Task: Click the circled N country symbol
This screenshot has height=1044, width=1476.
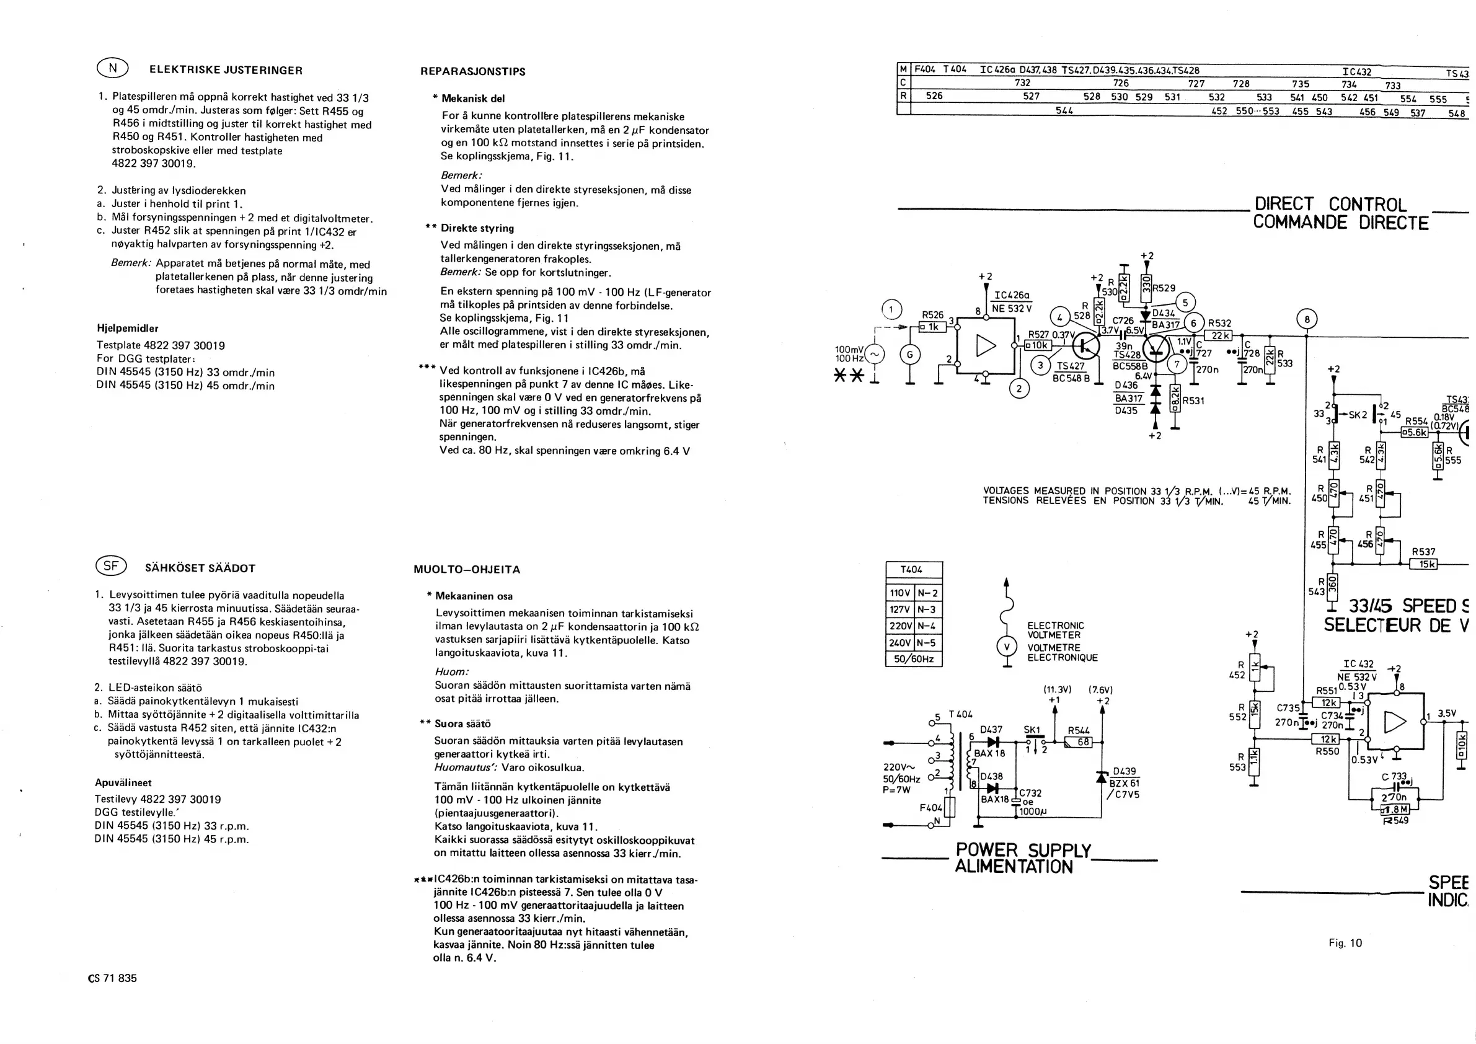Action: click(x=112, y=68)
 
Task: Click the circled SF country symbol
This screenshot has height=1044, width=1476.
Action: click(x=111, y=567)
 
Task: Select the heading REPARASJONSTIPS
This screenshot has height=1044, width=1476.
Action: click(x=472, y=71)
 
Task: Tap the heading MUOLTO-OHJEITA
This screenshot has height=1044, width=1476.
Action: click(x=467, y=570)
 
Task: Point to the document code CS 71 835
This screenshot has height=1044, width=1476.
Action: click(x=112, y=978)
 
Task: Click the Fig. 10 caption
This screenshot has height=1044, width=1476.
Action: click(x=1345, y=943)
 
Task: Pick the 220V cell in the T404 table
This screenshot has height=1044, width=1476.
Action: click(x=900, y=626)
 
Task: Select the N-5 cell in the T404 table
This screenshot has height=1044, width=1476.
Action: click(x=927, y=643)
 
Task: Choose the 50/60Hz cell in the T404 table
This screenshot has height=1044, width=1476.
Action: click(x=914, y=659)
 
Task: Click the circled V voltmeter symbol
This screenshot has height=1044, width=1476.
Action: click(x=1007, y=647)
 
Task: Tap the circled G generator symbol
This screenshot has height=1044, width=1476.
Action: click(x=909, y=354)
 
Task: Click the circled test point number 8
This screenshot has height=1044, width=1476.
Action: click(x=1306, y=319)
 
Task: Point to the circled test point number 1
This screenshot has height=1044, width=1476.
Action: click(x=891, y=310)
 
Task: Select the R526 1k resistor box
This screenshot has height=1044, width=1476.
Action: click(x=933, y=327)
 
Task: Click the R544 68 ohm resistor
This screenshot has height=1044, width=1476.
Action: click(x=1079, y=742)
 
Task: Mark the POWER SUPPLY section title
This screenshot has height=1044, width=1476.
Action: click(x=1023, y=851)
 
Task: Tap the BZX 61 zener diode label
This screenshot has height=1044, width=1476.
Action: click(x=1125, y=783)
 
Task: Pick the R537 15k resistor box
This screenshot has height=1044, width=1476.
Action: click(x=1423, y=564)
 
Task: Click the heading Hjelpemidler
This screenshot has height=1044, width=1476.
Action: click(x=127, y=329)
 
